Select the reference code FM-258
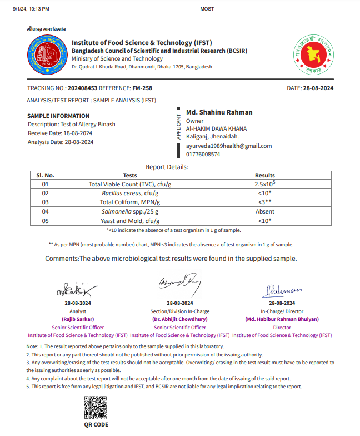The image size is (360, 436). pos(142,88)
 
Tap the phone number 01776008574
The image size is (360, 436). pos(203,155)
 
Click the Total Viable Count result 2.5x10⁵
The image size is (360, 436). pos(265,184)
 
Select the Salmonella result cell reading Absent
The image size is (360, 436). pos(265,211)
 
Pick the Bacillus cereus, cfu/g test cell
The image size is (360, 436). pos(130,193)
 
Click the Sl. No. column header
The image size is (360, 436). pos(46,175)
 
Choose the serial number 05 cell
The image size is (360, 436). pos(46,221)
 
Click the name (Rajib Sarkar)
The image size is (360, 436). pos(78,320)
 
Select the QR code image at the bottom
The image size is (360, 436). pos(95,407)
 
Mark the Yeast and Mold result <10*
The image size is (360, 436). pos(265,221)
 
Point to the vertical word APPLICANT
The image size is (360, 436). pos(178,126)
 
